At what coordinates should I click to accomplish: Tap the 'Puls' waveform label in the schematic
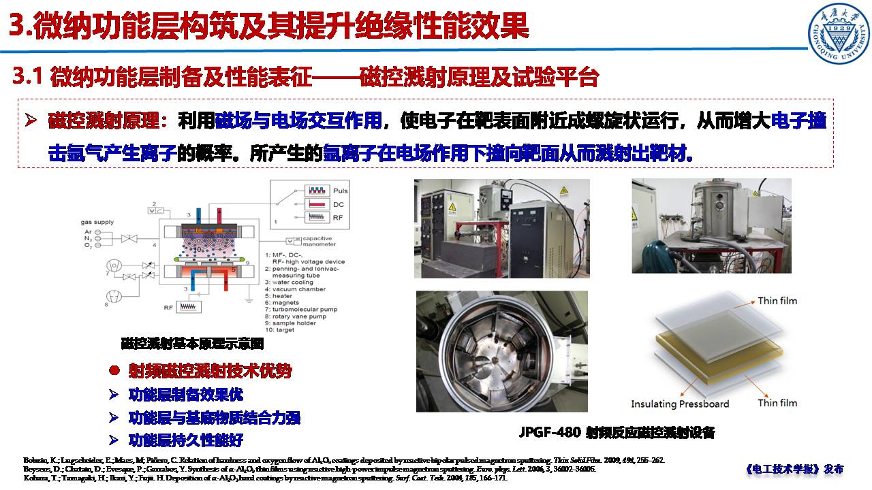point(341,190)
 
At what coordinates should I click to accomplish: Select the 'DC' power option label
point(338,203)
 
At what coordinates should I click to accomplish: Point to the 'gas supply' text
point(97,222)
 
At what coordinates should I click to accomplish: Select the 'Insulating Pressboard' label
point(679,404)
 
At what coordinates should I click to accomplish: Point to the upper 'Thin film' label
point(777,301)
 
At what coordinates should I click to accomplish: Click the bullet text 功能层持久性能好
point(185,440)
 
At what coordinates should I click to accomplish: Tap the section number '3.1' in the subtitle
point(28,77)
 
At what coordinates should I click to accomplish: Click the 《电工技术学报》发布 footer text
point(794,469)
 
